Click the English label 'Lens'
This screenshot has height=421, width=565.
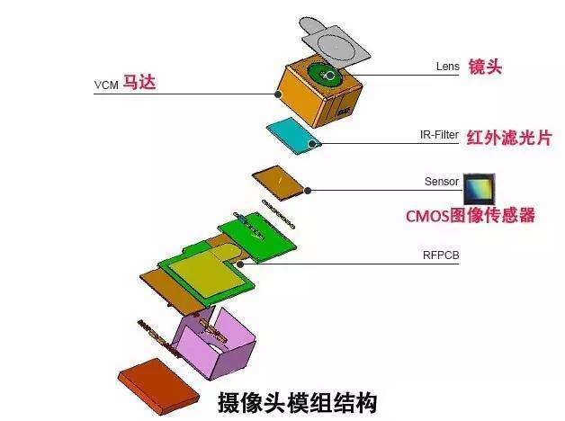(447, 67)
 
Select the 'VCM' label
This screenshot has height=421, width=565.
(106, 85)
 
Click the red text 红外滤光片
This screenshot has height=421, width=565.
(508, 138)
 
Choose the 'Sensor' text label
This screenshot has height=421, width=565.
(442, 181)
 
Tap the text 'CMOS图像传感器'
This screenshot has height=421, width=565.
(471, 216)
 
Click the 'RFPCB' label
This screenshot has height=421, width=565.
(442, 255)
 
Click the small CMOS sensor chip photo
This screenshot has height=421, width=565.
(478, 188)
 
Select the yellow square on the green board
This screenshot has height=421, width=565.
(207, 269)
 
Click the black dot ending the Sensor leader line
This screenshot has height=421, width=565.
(308, 190)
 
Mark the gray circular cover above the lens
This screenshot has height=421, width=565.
(335, 40)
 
